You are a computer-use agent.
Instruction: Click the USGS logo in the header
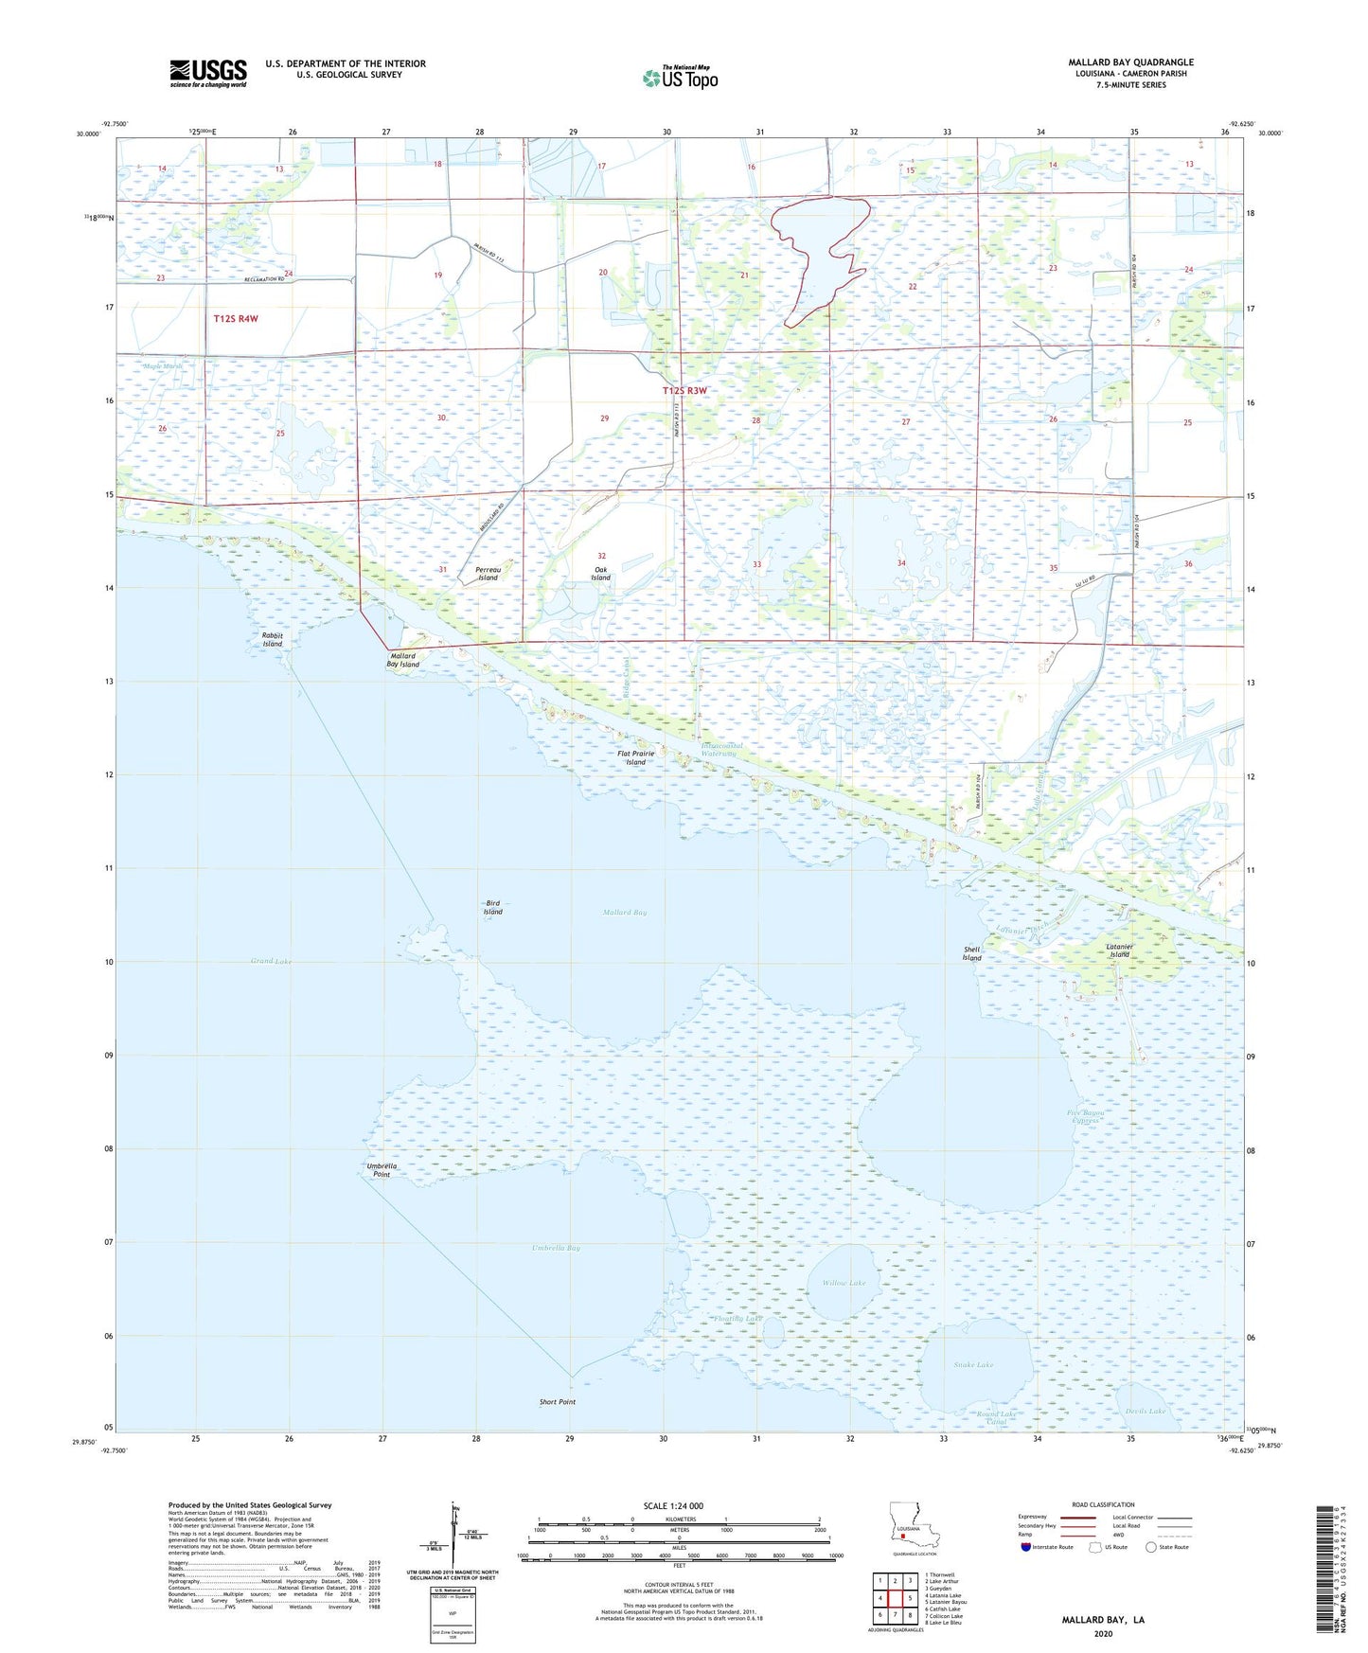[x=208, y=73]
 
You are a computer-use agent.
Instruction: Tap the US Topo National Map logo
[x=680, y=78]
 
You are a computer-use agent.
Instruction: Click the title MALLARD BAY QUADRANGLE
[x=1130, y=62]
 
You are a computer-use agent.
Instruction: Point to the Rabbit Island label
[x=273, y=639]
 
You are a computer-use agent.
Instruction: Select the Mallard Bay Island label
[x=402, y=660]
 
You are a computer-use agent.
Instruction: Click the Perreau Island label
[x=488, y=574]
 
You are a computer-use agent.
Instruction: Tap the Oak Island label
[x=601, y=574]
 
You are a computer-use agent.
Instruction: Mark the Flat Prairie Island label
[x=635, y=758]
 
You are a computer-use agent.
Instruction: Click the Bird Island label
[x=493, y=907]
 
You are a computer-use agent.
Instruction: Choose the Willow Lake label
[x=844, y=1283]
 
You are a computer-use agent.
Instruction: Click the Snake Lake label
[x=973, y=1364]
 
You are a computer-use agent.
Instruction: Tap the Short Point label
[x=557, y=1402]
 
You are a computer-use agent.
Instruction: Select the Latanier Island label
[x=1119, y=951]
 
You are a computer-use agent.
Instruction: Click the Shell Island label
[x=972, y=953]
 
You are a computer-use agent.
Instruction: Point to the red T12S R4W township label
[x=236, y=319]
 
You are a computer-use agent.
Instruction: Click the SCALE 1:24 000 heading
[x=673, y=1505]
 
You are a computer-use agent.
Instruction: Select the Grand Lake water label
[x=271, y=961]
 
